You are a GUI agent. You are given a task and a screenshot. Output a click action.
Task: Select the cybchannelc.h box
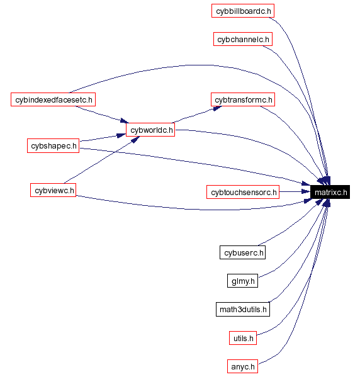(x=243, y=40)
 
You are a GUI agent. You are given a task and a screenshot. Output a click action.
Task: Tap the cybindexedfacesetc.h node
(x=53, y=99)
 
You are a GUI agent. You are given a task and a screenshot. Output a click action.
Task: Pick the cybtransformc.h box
(x=244, y=99)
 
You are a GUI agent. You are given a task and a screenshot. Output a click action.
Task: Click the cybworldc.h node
(x=150, y=130)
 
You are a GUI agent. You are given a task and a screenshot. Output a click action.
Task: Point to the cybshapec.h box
(x=53, y=146)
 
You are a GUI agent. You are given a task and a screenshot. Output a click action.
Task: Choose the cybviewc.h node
(x=53, y=190)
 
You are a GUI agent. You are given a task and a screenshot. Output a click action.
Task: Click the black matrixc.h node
(x=330, y=192)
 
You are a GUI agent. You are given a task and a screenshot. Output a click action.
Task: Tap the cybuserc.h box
(x=243, y=253)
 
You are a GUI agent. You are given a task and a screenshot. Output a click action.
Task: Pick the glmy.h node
(x=243, y=281)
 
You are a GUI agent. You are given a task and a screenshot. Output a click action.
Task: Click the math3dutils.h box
(x=243, y=309)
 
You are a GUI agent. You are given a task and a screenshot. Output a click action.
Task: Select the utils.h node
(x=243, y=338)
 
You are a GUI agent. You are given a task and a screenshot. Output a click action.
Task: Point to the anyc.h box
(x=243, y=366)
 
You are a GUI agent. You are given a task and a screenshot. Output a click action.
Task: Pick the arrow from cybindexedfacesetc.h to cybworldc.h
(x=101, y=113)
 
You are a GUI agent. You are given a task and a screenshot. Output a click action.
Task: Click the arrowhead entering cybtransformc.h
(x=217, y=108)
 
